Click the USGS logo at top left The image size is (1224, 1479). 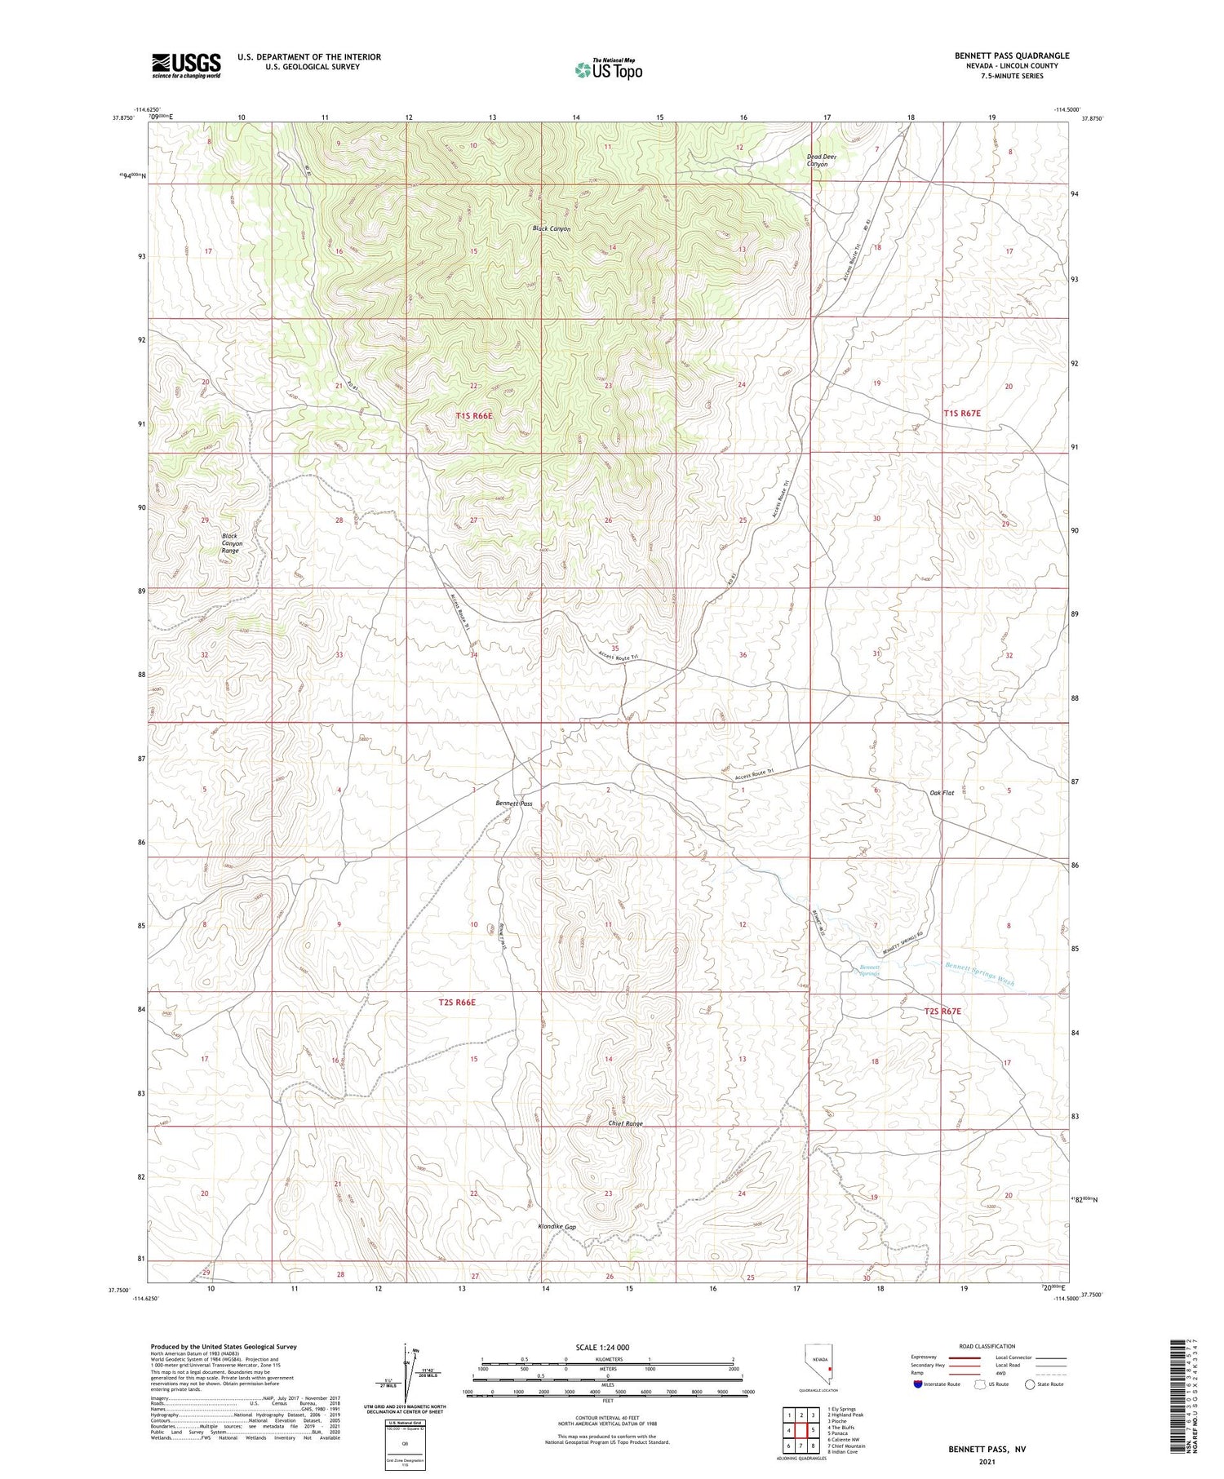[185, 65]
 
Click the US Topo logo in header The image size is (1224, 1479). [608, 70]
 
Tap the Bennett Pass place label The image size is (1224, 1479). [514, 804]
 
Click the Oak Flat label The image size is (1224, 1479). [942, 793]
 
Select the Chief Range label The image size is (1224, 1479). [626, 1123]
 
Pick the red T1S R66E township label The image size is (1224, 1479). [474, 416]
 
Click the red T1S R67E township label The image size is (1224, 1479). [962, 414]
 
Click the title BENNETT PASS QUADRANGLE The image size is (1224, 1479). [1011, 55]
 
